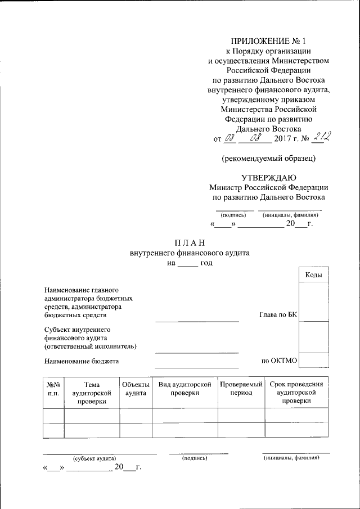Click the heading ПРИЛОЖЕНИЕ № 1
tap(268, 41)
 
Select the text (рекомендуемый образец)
tap(268, 158)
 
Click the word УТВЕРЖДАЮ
tap(268, 178)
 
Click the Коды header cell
tap(313, 274)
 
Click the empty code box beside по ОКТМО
tap(313, 360)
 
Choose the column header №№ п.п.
tap(53, 389)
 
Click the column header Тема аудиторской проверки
tap(92, 393)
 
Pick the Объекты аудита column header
tap(136, 389)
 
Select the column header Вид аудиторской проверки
tap(184, 389)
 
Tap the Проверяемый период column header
tap(241, 389)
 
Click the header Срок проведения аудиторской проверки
tap(296, 393)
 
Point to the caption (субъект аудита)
tap(94, 459)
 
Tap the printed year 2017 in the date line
tap(283, 138)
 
